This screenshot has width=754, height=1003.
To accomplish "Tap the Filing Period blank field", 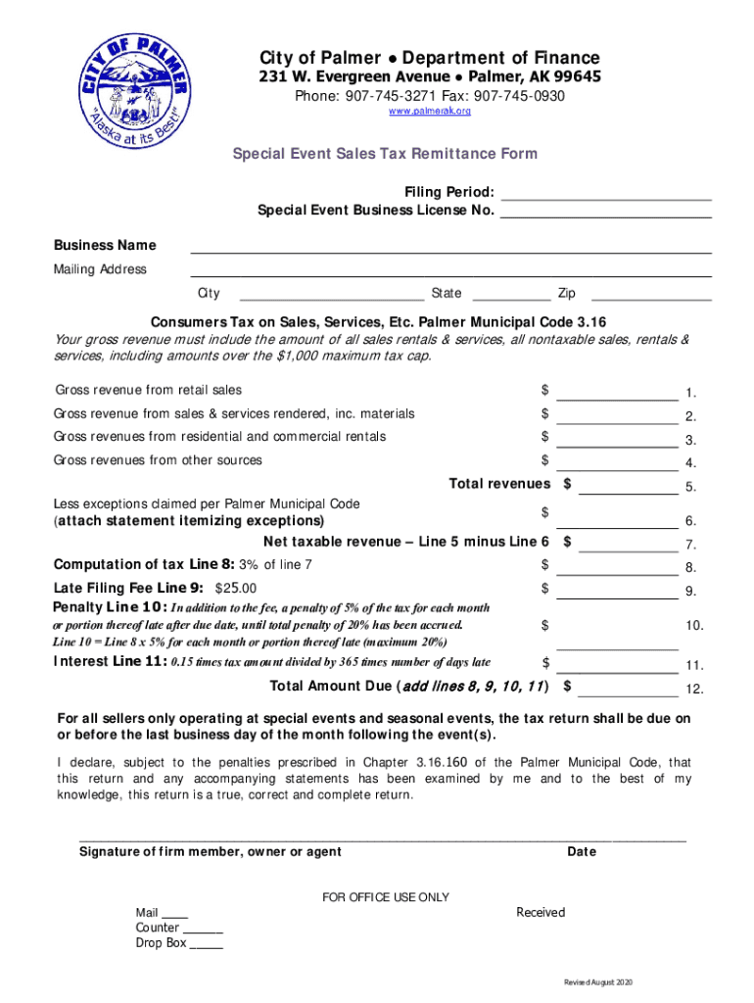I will (605, 192).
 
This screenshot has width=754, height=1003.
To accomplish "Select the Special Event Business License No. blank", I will (605, 211).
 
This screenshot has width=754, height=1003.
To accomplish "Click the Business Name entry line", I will (450, 246).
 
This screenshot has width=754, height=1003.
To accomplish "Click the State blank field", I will (510, 294).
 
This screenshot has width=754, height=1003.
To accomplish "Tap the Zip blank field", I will (651, 294).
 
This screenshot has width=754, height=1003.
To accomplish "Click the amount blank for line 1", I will (617, 393).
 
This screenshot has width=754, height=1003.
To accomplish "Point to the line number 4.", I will (690, 464).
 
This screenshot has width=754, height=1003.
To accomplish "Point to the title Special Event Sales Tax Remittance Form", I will (384, 154).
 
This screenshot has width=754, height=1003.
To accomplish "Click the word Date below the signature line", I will (582, 852).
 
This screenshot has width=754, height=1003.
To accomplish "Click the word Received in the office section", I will (541, 913).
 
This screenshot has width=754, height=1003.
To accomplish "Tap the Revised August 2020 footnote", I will (597, 982).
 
